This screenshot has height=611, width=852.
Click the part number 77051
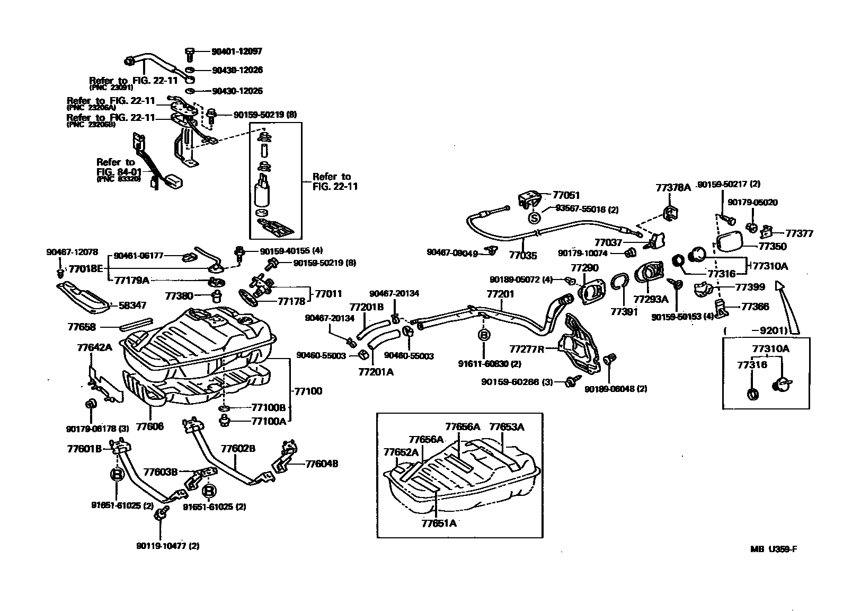coord(566,195)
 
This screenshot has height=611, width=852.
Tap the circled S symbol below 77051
coord(534,217)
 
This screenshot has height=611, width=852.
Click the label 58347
coord(132,305)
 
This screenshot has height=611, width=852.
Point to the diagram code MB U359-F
coord(773,549)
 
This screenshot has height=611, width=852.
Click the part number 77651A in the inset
coord(439,523)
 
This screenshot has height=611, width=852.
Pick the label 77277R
coord(527,349)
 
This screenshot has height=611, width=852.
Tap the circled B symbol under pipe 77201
coord(484,335)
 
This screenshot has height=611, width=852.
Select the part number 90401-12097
coord(237,51)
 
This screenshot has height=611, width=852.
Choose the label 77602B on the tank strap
coord(238,449)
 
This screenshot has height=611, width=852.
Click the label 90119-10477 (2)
coord(167,546)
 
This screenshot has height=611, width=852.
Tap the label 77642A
coord(94,347)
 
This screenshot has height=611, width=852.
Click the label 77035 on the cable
coord(523,256)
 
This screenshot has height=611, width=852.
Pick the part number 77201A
coord(376,372)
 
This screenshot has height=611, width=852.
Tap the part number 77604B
coord(321,464)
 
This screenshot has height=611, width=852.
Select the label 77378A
coord(673,187)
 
